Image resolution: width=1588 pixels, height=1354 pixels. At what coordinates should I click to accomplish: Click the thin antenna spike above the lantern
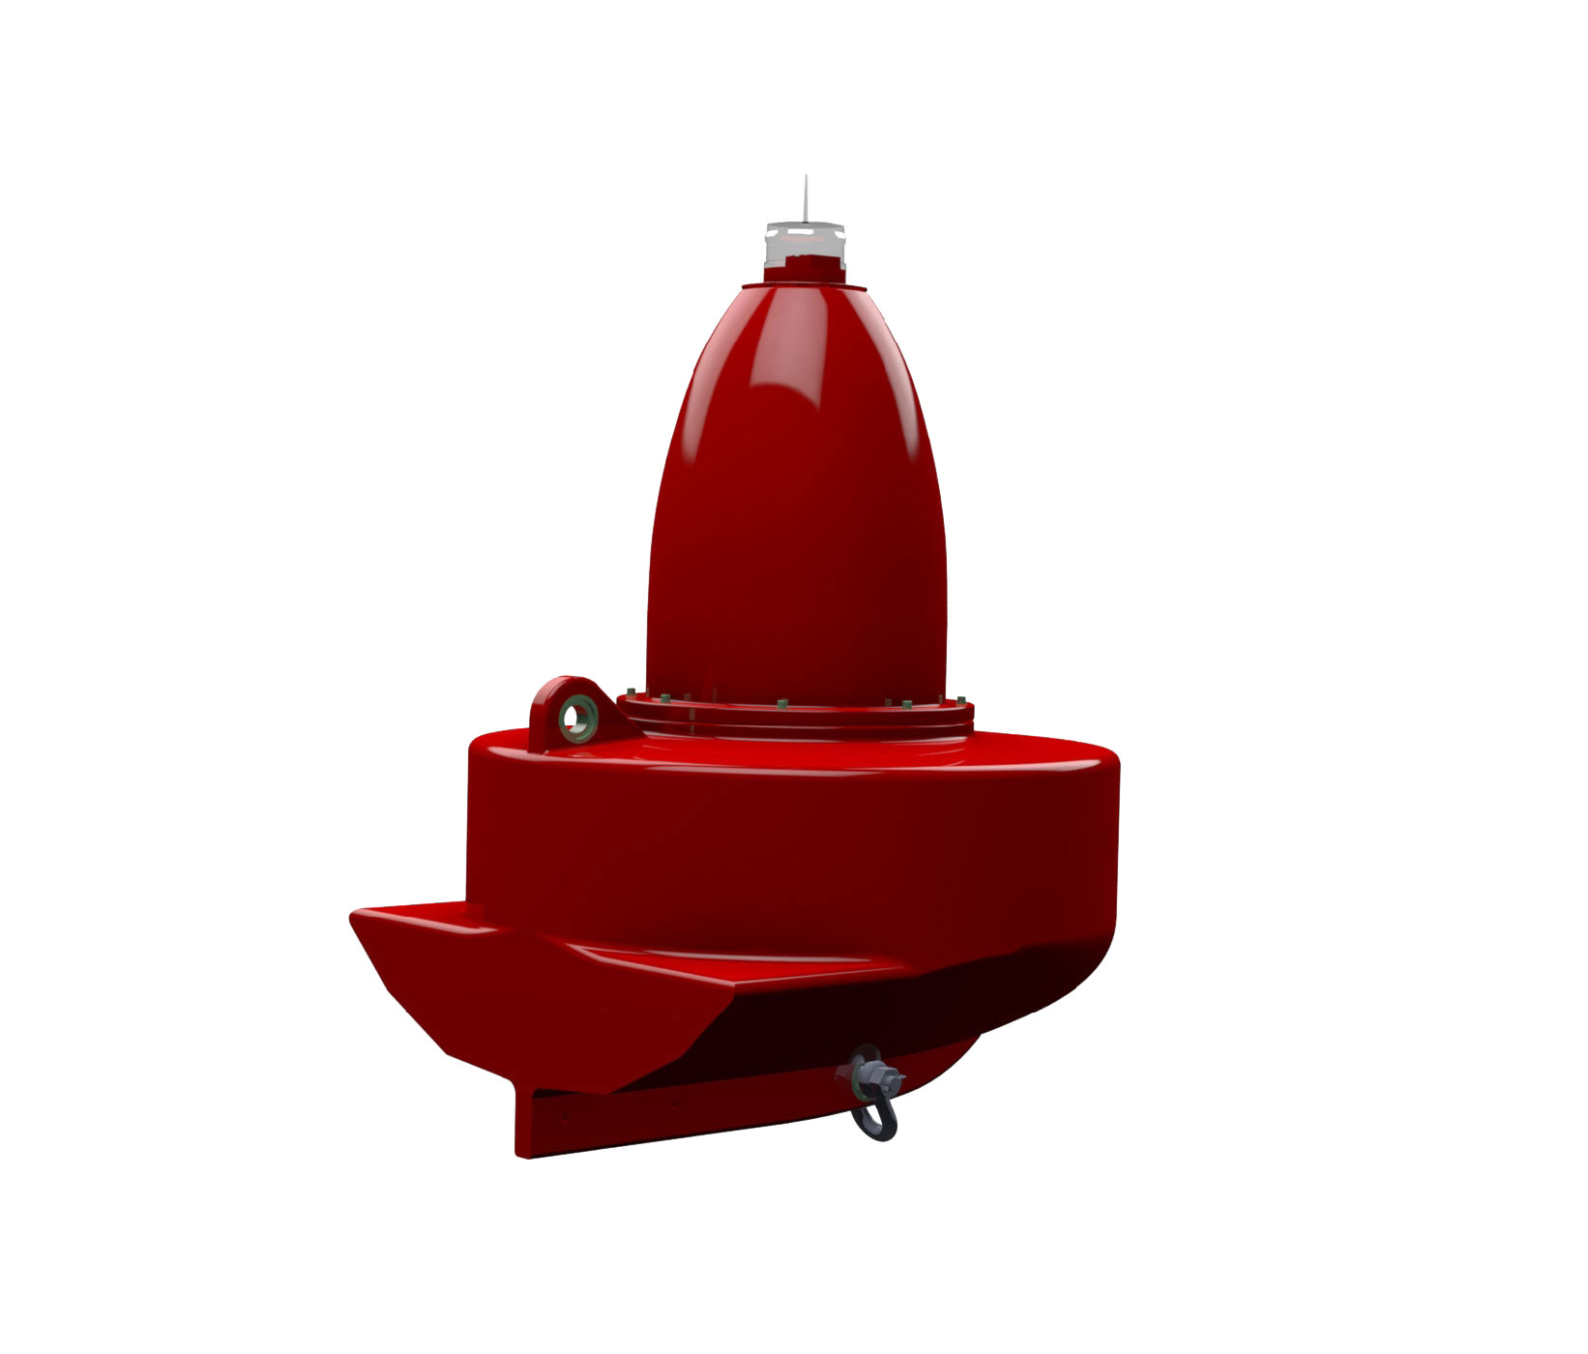click(806, 199)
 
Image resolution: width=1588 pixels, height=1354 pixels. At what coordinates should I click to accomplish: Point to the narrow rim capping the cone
click(804, 284)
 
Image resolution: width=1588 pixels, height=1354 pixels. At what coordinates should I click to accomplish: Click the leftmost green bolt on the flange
click(629, 691)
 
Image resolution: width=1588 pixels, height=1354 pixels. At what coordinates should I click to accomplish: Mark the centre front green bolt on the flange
click(779, 702)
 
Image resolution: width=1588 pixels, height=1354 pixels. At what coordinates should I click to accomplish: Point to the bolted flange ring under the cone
click(795, 718)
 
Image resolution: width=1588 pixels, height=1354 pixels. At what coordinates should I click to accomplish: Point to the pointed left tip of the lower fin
click(356, 916)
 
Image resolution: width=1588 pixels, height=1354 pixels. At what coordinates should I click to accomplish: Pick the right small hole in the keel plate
click(675, 1100)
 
